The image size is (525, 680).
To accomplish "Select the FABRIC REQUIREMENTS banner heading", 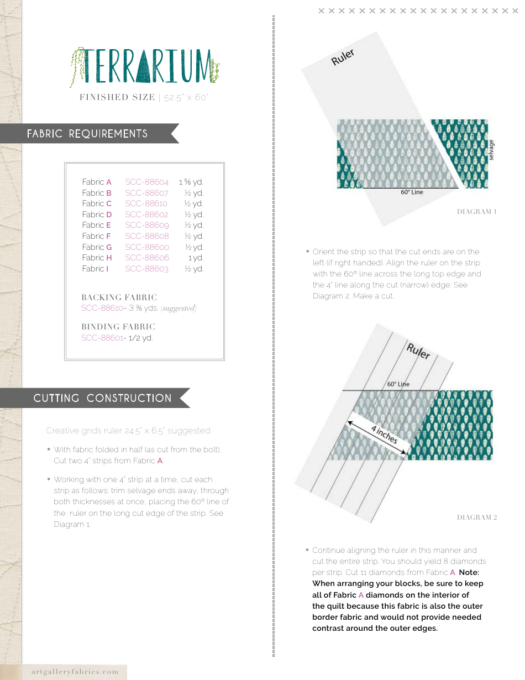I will pos(87,134).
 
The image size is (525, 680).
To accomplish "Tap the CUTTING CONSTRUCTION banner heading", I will pos(102,398).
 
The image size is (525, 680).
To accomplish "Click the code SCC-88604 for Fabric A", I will pos(146,182).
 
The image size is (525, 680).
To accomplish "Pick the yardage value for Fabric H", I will pos(196,258).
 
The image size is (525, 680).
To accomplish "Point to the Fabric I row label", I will pos(95,269).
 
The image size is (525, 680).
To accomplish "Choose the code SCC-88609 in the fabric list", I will pos(146,225).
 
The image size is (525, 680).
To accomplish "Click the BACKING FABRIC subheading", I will pos(119,297).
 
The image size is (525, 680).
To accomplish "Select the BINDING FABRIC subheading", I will pos(118,327).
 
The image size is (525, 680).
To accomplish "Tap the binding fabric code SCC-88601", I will pos(102,338).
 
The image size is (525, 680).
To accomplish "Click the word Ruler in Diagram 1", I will pos(343,57).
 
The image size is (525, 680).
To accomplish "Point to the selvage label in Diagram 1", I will pos(491,150).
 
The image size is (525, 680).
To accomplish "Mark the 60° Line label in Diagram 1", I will pos(411,192).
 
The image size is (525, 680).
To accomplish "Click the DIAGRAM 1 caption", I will pos(476,212).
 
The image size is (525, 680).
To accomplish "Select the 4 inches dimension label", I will pos(384,435).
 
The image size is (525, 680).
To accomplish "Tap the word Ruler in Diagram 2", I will pos(418,351).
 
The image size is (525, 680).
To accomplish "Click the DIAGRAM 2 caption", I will pos(476,517).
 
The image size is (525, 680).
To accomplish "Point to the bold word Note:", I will pos(469,573).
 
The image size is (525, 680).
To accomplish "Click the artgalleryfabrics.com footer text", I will pos(75,672).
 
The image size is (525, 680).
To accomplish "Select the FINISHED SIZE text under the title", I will pos(117,97).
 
